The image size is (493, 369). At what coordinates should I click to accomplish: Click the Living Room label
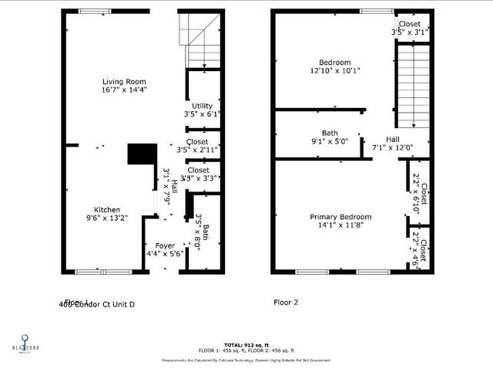coord(124,81)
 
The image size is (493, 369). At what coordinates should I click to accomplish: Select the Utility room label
coord(203,106)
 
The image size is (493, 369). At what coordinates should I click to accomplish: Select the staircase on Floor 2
coord(413,85)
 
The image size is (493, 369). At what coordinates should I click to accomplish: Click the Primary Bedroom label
coord(340,217)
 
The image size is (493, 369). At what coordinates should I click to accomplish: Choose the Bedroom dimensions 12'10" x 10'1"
coord(334,71)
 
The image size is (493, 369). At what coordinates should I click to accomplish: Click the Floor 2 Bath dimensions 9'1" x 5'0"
coord(330,141)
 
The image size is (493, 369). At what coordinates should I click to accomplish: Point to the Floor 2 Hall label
coord(393,139)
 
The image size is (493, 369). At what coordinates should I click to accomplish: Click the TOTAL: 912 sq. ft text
coord(246,344)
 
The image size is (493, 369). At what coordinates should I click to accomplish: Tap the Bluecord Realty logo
coord(25,343)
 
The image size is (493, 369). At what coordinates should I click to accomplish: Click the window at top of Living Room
coord(94,11)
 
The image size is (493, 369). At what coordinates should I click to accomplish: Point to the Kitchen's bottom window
coord(102,271)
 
